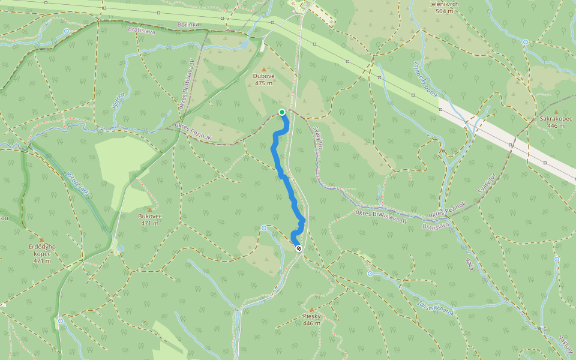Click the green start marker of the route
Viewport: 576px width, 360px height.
point(282,112)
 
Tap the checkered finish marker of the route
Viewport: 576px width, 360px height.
point(299,248)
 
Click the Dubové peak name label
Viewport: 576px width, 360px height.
point(263,76)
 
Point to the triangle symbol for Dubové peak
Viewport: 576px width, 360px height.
point(263,70)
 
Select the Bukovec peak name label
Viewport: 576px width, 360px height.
point(149,216)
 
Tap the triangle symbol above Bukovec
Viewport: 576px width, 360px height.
point(149,209)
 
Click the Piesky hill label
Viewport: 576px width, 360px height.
point(311,316)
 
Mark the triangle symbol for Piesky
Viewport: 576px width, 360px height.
point(311,310)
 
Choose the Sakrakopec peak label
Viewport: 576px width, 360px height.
point(556,119)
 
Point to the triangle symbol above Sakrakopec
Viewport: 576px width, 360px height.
point(556,112)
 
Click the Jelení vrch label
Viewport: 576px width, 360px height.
point(444,4)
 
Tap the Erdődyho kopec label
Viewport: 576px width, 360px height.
point(42,250)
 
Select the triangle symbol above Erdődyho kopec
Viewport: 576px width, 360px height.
point(41,239)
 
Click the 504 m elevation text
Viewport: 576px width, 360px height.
point(444,11)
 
